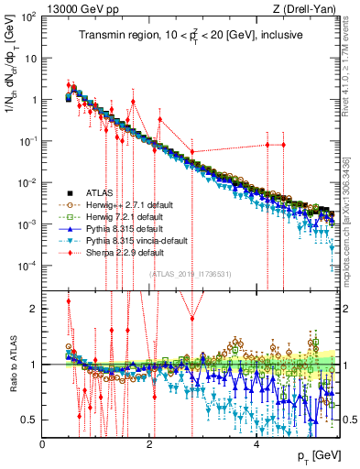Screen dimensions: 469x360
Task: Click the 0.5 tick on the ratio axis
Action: tap(31, 420)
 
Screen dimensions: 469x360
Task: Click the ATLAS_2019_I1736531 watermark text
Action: tap(191, 274)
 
